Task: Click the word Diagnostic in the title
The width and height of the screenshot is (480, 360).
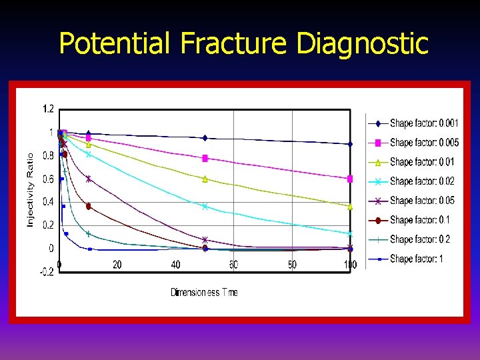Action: (x=361, y=44)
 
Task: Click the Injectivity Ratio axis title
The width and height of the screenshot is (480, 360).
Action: (x=30, y=189)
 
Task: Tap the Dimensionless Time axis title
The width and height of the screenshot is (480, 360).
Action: (x=204, y=292)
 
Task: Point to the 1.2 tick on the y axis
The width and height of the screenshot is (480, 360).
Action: (x=49, y=109)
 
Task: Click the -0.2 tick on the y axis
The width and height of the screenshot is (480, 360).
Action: (x=47, y=271)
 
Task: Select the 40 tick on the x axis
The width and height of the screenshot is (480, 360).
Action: (x=175, y=265)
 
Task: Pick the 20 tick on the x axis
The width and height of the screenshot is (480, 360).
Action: (x=117, y=265)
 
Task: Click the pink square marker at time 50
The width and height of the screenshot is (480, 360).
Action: (x=205, y=158)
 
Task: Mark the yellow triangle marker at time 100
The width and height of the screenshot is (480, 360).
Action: (x=350, y=207)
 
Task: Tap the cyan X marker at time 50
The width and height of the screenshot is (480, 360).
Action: (x=205, y=206)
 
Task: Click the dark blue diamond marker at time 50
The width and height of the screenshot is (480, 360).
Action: (x=205, y=138)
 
